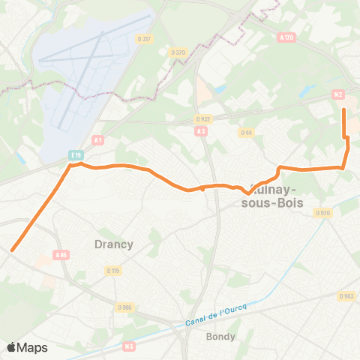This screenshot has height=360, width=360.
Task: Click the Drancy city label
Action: point(114,244)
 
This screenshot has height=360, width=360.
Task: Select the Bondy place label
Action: point(220,337)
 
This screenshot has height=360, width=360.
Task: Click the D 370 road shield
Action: point(178,52)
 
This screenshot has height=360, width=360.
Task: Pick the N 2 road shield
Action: point(337,94)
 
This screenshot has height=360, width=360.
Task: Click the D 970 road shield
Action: point(322,213)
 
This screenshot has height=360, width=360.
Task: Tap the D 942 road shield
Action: point(346,295)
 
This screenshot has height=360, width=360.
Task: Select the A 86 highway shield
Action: point(61,255)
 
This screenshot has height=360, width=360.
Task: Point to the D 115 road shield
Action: point(113,270)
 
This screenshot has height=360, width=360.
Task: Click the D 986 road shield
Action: point(125,306)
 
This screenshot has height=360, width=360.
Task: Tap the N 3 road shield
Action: point(129,346)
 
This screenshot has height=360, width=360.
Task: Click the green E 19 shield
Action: point(76,154)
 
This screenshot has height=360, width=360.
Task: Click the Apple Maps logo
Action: point(27,346)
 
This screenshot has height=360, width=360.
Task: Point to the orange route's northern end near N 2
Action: point(343,110)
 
